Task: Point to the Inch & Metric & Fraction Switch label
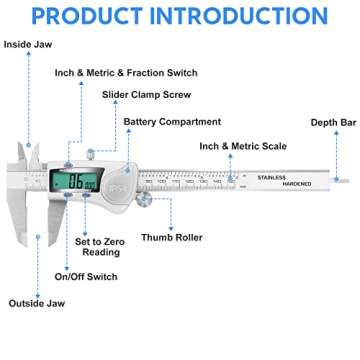[x=126, y=73]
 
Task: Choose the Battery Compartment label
[x=172, y=122]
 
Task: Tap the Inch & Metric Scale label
[x=243, y=146]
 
